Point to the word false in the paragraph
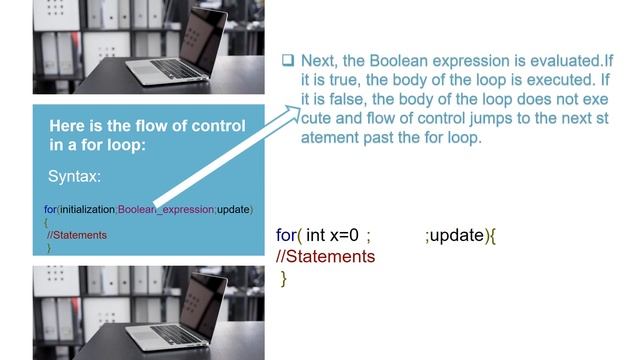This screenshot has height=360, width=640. pos(348,100)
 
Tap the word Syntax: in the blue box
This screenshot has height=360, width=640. pos(74,176)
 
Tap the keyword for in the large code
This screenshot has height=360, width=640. pos(287,235)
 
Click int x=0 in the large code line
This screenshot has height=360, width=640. pos(333,235)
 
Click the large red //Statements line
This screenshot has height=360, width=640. pos(325,257)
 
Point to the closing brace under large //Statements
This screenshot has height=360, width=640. pos(284,279)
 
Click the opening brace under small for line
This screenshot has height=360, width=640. pos(46,221)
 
